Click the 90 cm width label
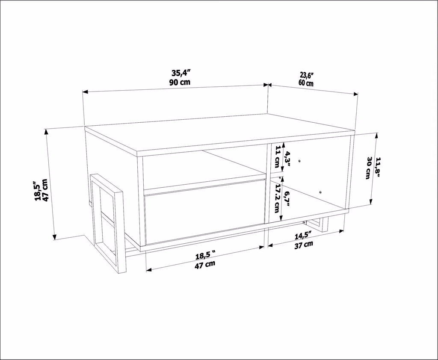coord(180,82)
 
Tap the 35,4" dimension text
coord(181,73)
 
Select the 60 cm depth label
coord(306,83)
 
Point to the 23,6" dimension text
coord(307,75)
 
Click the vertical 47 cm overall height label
coord(46,190)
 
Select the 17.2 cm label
coord(277,199)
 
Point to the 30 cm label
coord(369,168)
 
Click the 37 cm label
coord(304,245)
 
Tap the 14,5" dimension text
coord(303,236)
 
